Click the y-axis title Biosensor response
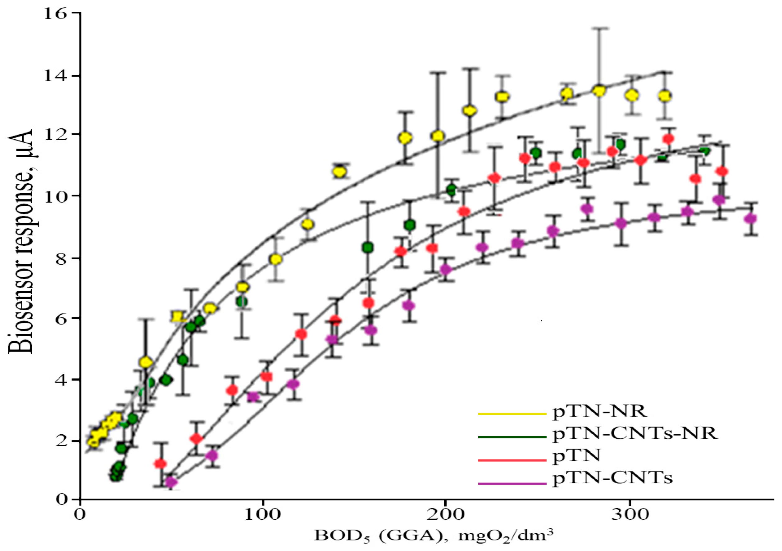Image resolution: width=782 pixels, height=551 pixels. click(21, 242)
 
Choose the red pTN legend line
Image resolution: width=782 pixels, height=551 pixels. click(512, 460)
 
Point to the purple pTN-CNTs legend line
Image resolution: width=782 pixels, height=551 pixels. click(512, 483)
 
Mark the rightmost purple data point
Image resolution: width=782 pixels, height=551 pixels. click(750, 219)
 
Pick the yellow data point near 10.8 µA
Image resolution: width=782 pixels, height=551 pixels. click(339, 172)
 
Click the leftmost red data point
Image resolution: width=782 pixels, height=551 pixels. click(160, 464)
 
